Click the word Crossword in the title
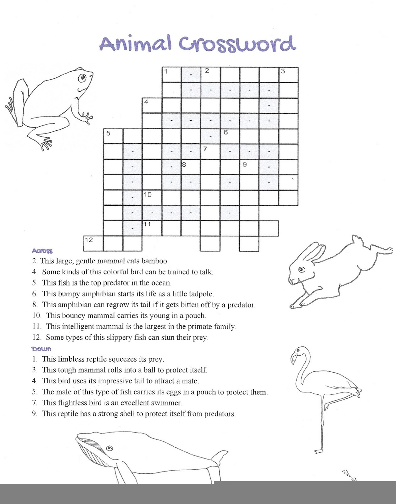237,43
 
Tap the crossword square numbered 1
171,75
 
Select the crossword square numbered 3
289,75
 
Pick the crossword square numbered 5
113,136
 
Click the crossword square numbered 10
152,198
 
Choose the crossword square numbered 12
93,243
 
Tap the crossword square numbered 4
152,106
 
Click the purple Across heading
42,251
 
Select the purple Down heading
41,349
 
